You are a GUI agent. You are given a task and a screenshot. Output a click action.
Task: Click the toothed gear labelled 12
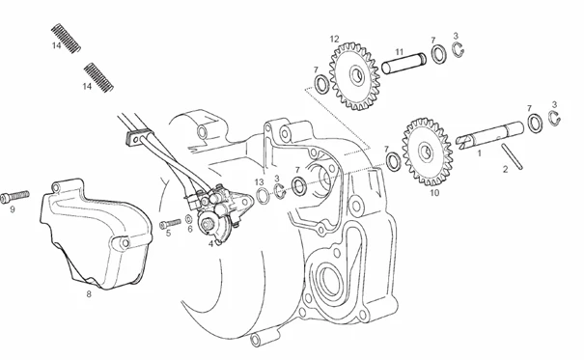click(354, 76)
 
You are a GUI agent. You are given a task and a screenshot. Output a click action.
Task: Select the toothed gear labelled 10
click(428, 152)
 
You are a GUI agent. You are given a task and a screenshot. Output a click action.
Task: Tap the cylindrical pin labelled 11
click(403, 63)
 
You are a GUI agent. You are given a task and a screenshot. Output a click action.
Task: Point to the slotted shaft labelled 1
click(489, 135)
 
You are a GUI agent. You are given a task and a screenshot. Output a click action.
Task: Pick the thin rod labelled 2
click(512, 156)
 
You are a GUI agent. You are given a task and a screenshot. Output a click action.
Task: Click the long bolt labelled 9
click(14, 196)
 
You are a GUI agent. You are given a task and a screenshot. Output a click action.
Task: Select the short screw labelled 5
click(170, 224)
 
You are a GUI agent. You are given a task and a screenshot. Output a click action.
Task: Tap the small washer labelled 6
click(189, 218)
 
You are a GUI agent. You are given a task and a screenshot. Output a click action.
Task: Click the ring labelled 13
click(263, 196)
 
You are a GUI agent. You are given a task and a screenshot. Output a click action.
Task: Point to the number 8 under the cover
click(89, 294)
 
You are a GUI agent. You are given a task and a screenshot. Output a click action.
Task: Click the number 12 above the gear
click(334, 39)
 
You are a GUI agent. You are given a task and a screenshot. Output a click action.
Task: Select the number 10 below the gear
click(434, 193)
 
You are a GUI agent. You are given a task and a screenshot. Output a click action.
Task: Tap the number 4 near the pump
click(210, 244)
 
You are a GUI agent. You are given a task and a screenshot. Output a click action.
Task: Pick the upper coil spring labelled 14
click(66, 39)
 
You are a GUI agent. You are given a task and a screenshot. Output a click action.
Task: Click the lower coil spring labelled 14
click(98, 77)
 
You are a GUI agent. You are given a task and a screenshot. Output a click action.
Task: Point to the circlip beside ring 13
click(280, 191)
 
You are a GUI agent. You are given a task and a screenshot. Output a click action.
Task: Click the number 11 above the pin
click(400, 52)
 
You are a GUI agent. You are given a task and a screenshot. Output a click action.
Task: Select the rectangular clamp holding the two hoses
click(140, 137)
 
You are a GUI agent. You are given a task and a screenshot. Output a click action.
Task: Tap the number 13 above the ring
click(260, 182)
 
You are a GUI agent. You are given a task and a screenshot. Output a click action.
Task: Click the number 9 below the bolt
click(13, 209)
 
